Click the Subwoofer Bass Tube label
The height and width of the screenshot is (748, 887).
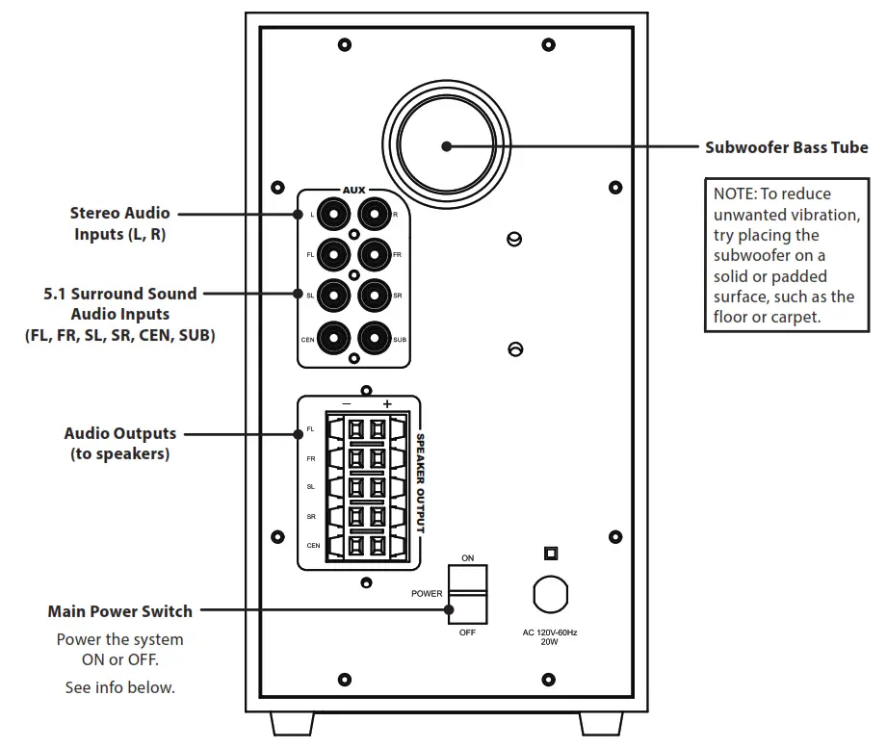point(786,147)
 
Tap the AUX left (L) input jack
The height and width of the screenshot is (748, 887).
point(332,213)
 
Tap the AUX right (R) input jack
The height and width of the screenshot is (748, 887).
point(374,213)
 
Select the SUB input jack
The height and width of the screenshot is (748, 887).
point(374,338)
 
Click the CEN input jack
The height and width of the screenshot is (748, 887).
point(332,338)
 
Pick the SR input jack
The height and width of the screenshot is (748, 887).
point(374,295)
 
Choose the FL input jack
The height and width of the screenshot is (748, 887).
point(332,254)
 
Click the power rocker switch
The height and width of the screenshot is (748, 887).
point(467,595)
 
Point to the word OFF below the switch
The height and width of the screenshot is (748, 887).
point(467,632)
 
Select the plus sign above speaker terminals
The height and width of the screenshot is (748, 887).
point(387,403)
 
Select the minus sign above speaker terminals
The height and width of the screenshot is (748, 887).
point(346,403)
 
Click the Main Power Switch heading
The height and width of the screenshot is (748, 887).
point(119,611)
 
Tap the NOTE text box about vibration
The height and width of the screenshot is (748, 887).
point(785,255)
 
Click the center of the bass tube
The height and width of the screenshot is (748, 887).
point(445,146)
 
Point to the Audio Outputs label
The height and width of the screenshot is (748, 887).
point(119,443)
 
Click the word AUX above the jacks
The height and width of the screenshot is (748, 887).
point(353,191)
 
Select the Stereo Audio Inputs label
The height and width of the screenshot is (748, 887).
point(119,222)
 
